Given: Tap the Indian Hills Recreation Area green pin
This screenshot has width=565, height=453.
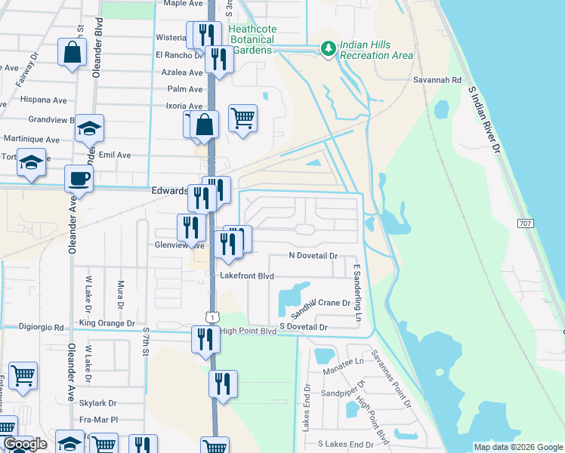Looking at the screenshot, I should coord(327,49).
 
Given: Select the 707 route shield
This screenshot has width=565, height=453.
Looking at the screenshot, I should coord(526,223).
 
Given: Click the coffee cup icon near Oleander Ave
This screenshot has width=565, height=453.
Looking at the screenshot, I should coord(79,179).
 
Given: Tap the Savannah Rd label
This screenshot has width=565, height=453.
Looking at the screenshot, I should coord(437,79).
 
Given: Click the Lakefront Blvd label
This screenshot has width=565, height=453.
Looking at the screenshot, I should coord(246,276).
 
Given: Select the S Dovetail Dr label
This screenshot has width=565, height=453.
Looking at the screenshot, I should coord(303,327).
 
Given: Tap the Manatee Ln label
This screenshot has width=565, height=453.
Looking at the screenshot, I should coord(344,362).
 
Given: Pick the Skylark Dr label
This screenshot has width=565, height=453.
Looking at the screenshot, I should coord(102,403).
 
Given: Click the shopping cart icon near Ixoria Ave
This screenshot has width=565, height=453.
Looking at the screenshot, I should coord(242,116).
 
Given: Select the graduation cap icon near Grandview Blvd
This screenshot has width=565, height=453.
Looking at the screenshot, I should coord(89,128).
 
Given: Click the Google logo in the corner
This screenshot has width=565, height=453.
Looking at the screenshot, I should coord(24,445).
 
